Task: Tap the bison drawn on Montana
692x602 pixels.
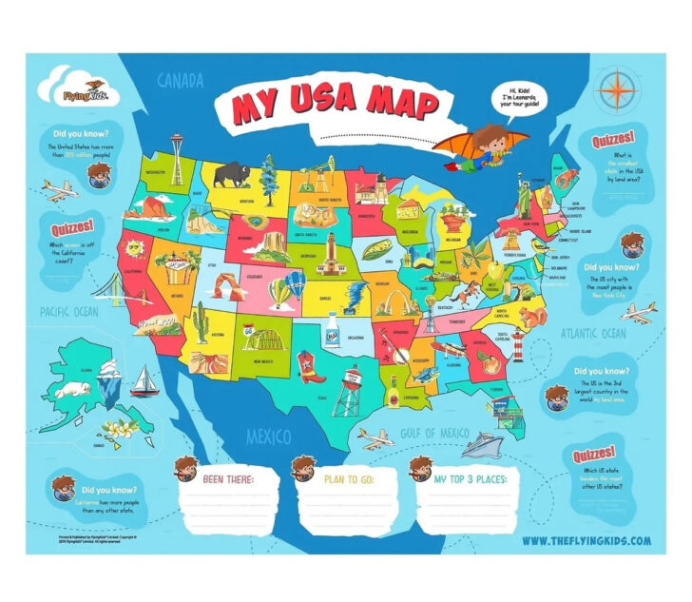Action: (231, 175)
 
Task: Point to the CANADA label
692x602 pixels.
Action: (180, 81)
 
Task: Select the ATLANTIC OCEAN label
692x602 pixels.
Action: (592, 333)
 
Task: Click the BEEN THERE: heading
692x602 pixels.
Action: (228, 478)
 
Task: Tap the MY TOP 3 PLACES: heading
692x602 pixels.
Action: (470, 478)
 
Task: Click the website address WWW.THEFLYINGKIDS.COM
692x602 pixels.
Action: (586, 540)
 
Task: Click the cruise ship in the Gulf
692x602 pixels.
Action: (484, 444)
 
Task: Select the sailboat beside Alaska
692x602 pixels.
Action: (144, 381)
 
